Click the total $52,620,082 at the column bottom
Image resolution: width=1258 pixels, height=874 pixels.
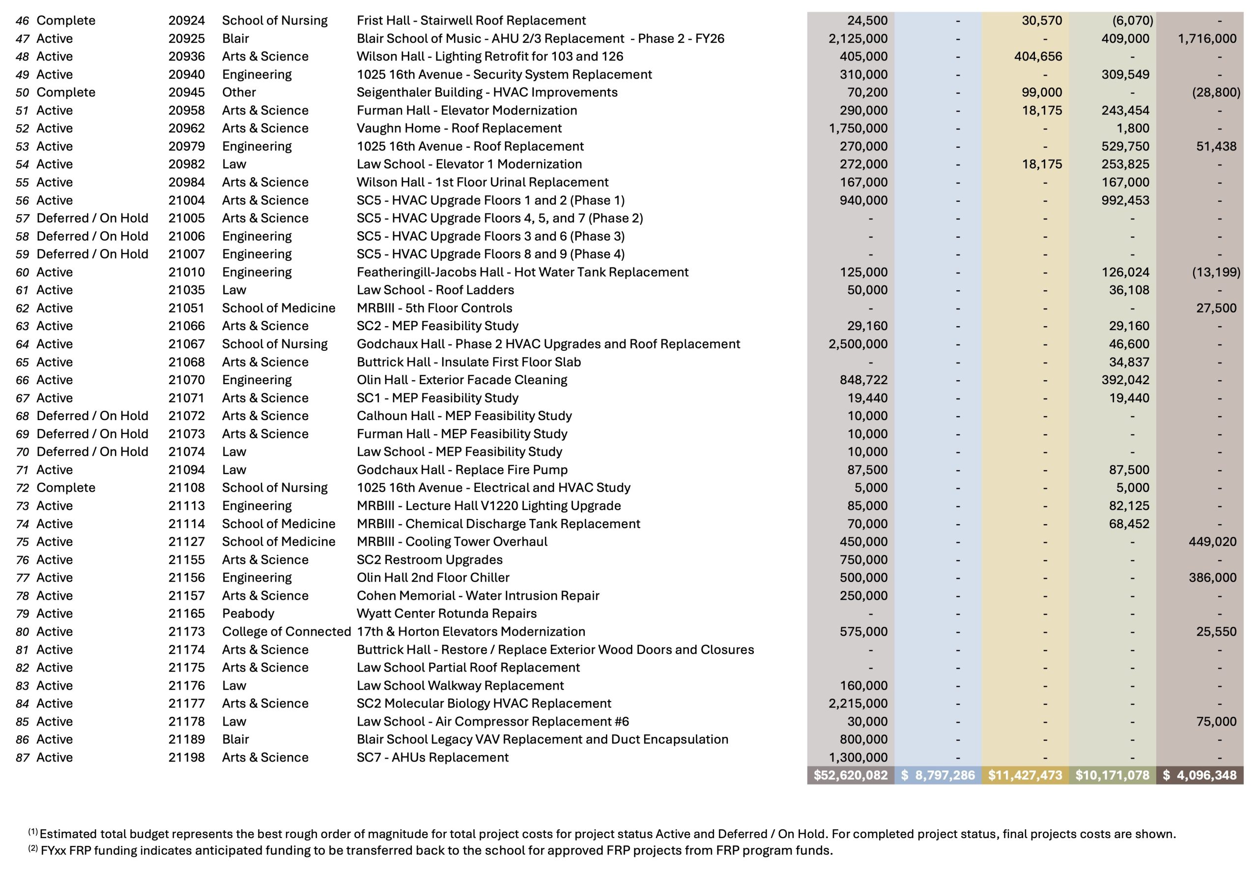(x=850, y=775)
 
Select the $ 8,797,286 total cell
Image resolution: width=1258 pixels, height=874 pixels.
(x=938, y=775)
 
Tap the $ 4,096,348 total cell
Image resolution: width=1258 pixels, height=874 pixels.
(x=1200, y=775)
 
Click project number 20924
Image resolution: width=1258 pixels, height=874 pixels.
(x=186, y=21)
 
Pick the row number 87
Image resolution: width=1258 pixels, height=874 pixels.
(x=23, y=758)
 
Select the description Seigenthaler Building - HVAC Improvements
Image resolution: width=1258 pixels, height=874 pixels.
(x=487, y=92)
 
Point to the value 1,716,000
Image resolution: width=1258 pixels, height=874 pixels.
(x=1207, y=39)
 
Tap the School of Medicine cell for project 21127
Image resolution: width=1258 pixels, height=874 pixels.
(x=278, y=541)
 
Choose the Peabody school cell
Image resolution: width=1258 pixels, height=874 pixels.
(x=248, y=613)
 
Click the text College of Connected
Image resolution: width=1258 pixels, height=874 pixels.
(x=286, y=631)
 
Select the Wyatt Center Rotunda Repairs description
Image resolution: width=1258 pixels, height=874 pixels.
(x=446, y=613)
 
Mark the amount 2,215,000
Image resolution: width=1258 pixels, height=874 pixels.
(x=858, y=704)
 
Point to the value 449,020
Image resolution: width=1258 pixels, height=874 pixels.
(x=1212, y=541)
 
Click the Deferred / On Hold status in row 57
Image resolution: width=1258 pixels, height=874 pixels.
(x=92, y=219)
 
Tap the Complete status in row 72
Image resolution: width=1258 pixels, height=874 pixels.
(x=66, y=488)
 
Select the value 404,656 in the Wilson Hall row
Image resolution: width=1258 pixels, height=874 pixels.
(x=1037, y=57)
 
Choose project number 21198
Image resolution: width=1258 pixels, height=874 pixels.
(x=186, y=758)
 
